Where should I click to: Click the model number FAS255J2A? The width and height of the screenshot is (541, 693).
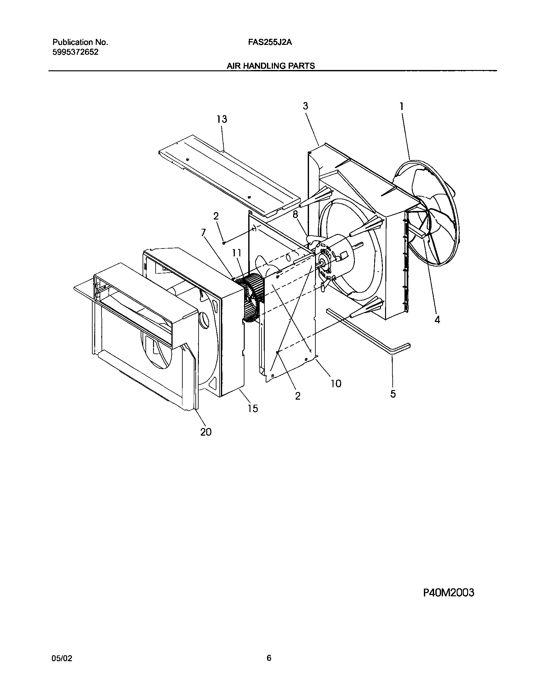270,42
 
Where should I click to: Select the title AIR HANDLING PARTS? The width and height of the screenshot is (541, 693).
270,66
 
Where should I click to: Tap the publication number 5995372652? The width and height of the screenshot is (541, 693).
75,52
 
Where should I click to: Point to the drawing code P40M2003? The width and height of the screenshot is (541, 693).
448,593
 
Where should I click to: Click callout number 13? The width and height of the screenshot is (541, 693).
222,119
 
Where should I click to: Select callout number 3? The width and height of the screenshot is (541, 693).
306,106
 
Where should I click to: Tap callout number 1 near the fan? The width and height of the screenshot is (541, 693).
402,106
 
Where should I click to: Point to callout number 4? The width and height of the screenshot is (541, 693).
437,320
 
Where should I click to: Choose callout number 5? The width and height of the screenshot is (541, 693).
393,394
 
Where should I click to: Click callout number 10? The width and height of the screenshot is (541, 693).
336,383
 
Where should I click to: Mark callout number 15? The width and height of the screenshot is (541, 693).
253,408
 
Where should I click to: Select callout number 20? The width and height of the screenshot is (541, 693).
206,432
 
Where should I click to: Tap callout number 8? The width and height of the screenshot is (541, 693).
296,214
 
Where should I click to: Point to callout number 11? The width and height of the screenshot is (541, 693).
237,253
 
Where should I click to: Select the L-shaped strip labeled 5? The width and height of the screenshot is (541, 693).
369,331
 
